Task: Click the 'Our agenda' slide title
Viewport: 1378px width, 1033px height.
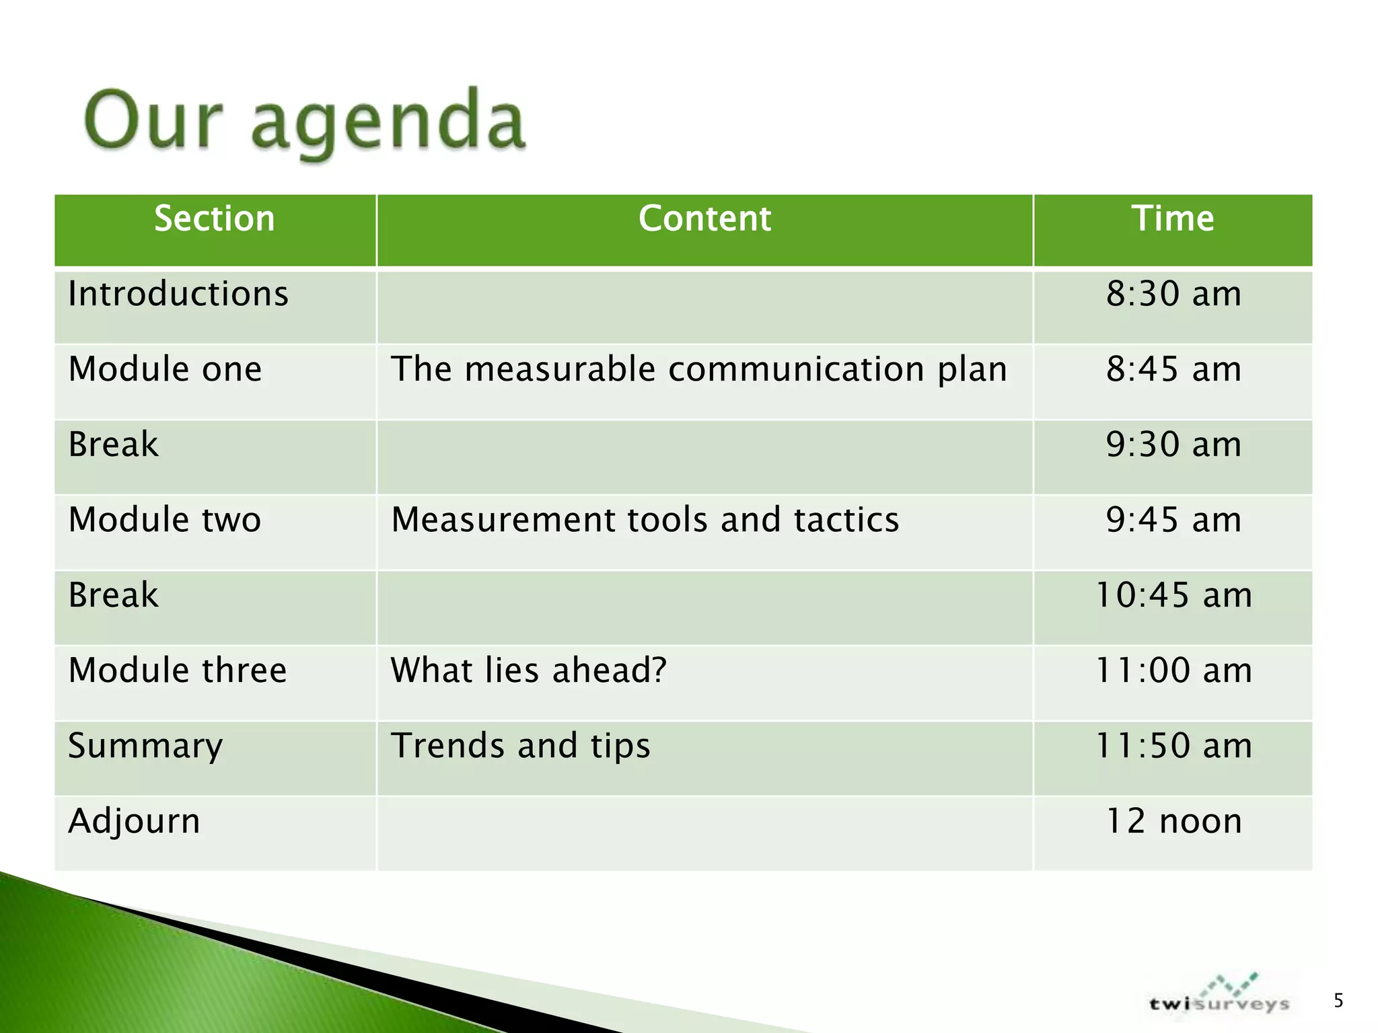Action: pos(304,122)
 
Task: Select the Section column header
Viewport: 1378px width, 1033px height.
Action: pos(215,219)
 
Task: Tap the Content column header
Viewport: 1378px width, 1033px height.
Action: pos(704,219)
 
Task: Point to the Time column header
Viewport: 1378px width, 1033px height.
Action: pos(1173,219)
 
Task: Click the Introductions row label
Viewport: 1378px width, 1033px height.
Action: pos(178,295)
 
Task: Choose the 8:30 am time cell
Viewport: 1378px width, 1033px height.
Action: pos(1173,295)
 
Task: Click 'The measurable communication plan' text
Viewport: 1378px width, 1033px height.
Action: pos(698,370)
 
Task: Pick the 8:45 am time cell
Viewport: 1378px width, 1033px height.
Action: pos(1173,370)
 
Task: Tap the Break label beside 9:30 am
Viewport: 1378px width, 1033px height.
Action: pos(113,445)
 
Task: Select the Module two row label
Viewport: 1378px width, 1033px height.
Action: pos(165,521)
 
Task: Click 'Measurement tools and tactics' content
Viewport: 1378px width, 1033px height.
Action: pos(645,521)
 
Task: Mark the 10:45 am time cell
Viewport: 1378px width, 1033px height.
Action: pos(1173,596)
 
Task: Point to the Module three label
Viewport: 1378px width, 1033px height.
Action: pos(178,671)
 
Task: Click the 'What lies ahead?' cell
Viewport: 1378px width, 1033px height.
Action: pos(528,671)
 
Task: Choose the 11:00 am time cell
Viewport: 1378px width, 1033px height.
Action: pos(1173,671)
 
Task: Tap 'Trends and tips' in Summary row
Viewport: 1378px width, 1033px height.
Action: pos(520,747)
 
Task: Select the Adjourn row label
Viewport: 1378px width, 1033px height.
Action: pos(134,822)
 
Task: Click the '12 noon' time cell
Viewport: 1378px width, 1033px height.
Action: pos(1173,822)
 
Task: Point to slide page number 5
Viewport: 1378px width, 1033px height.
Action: pos(1338,1001)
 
